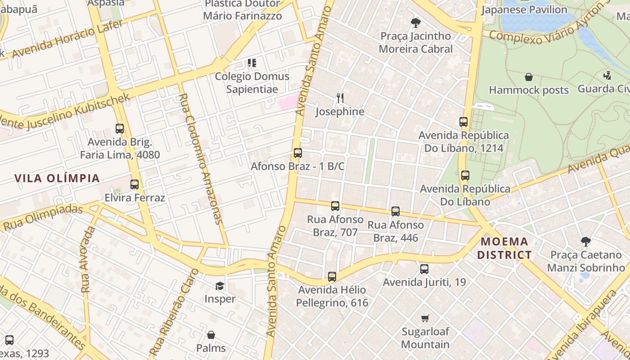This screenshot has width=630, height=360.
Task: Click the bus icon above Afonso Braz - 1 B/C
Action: pyautogui.click(x=297, y=153)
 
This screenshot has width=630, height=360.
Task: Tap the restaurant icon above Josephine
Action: pyautogui.click(x=340, y=98)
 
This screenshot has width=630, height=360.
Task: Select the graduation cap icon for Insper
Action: pyautogui.click(x=220, y=286)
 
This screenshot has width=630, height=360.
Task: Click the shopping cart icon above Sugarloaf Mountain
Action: pyautogui.click(x=425, y=319)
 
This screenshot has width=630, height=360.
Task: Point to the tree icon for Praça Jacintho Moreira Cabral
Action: pyautogui.click(x=416, y=22)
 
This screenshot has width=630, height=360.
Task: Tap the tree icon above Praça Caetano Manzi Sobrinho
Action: pyautogui.click(x=585, y=242)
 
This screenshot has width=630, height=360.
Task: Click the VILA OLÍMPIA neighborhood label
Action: pyautogui.click(x=57, y=178)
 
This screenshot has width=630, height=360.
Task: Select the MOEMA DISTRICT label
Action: pyautogui.click(x=504, y=248)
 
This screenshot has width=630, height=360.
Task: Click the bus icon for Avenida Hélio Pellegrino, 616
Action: pyautogui.click(x=332, y=277)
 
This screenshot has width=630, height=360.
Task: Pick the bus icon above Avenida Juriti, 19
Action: pyautogui.click(x=424, y=269)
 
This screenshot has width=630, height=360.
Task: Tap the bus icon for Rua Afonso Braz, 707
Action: pyautogui.click(x=335, y=206)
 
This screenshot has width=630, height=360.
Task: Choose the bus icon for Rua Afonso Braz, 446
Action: pyautogui.click(x=396, y=211)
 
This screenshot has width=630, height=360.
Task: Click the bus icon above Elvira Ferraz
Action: pyautogui.click(x=135, y=184)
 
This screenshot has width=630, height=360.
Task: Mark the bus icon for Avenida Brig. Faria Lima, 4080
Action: pyautogui.click(x=120, y=129)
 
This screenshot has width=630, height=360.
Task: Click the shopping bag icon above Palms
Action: pyautogui.click(x=211, y=335)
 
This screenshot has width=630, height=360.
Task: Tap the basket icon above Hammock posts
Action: pyautogui.click(x=529, y=77)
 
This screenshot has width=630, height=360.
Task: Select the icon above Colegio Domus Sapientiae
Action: pyautogui.click(x=252, y=63)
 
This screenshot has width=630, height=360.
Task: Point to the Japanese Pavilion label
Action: pyautogui.click(x=524, y=9)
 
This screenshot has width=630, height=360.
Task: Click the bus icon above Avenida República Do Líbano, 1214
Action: pyautogui.click(x=463, y=122)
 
